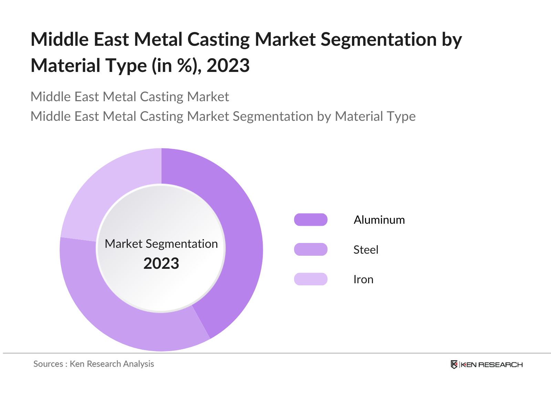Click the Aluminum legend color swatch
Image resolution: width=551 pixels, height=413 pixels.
pyautogui.click(x=311, y=220)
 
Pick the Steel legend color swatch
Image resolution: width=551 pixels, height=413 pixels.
pyautogui.click(x=311, y=250)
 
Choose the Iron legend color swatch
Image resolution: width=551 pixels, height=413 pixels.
pyautogui.click(x=311, y=279)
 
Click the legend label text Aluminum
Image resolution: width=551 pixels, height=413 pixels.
pyautogui.click(x=379, y=220)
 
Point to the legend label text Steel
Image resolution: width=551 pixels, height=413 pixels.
pyautogui.click(x=366, y=250)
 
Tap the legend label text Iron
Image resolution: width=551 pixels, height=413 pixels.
pyautogui.click(x=363, y=279)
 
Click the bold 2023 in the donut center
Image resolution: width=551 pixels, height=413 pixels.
pyautogui.click(x=161, y=264)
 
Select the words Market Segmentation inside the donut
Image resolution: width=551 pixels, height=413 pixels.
pyautogui.click(x=161, y=244)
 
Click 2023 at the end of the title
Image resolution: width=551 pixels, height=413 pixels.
pyautogui.click(x=228, y=65)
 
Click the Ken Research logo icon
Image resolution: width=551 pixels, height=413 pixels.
pyautogui.click(x=454, y=364)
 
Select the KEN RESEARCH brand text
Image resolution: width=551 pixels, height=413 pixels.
pyautogui.click(x=492, y=365)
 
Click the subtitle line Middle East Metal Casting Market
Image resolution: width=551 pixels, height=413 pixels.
pyautogui.click(x=129, y=97)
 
